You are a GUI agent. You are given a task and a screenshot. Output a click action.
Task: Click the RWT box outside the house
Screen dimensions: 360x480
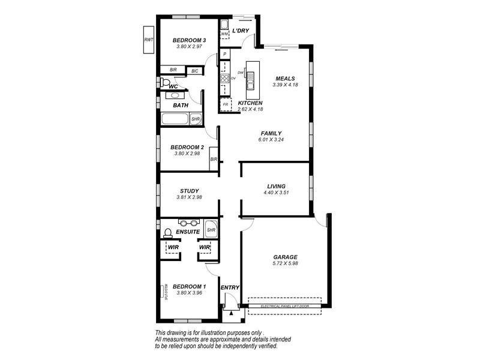pos(148,40)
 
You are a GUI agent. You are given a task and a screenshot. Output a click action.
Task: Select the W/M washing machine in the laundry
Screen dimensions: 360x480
pos(224,34)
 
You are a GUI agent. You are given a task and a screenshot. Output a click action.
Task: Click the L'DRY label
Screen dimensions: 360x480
pos(241,31)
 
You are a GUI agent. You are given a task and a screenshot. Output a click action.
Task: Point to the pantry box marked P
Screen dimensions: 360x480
pos(224,55)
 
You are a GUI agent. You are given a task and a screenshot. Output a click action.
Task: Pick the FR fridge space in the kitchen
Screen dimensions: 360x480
pos(225,104)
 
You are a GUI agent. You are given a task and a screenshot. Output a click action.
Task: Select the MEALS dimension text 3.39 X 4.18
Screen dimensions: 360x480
pos(284,86)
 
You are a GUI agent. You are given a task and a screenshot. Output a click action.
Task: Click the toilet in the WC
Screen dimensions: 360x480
pos(166,81)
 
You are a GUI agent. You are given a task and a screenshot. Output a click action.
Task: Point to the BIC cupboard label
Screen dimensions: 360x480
pos(194,71)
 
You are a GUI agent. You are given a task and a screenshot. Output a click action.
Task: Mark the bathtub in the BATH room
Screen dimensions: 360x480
pos(175,119)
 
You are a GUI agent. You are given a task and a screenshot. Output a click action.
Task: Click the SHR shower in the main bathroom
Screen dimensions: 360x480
pos(195,119)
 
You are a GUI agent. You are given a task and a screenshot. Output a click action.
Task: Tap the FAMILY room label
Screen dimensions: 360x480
pos(271,133)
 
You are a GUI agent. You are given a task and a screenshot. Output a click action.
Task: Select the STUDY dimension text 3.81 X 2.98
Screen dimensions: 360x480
pos(188,197)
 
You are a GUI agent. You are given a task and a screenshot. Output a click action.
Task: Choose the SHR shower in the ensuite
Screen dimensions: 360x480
pos(211,229)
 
